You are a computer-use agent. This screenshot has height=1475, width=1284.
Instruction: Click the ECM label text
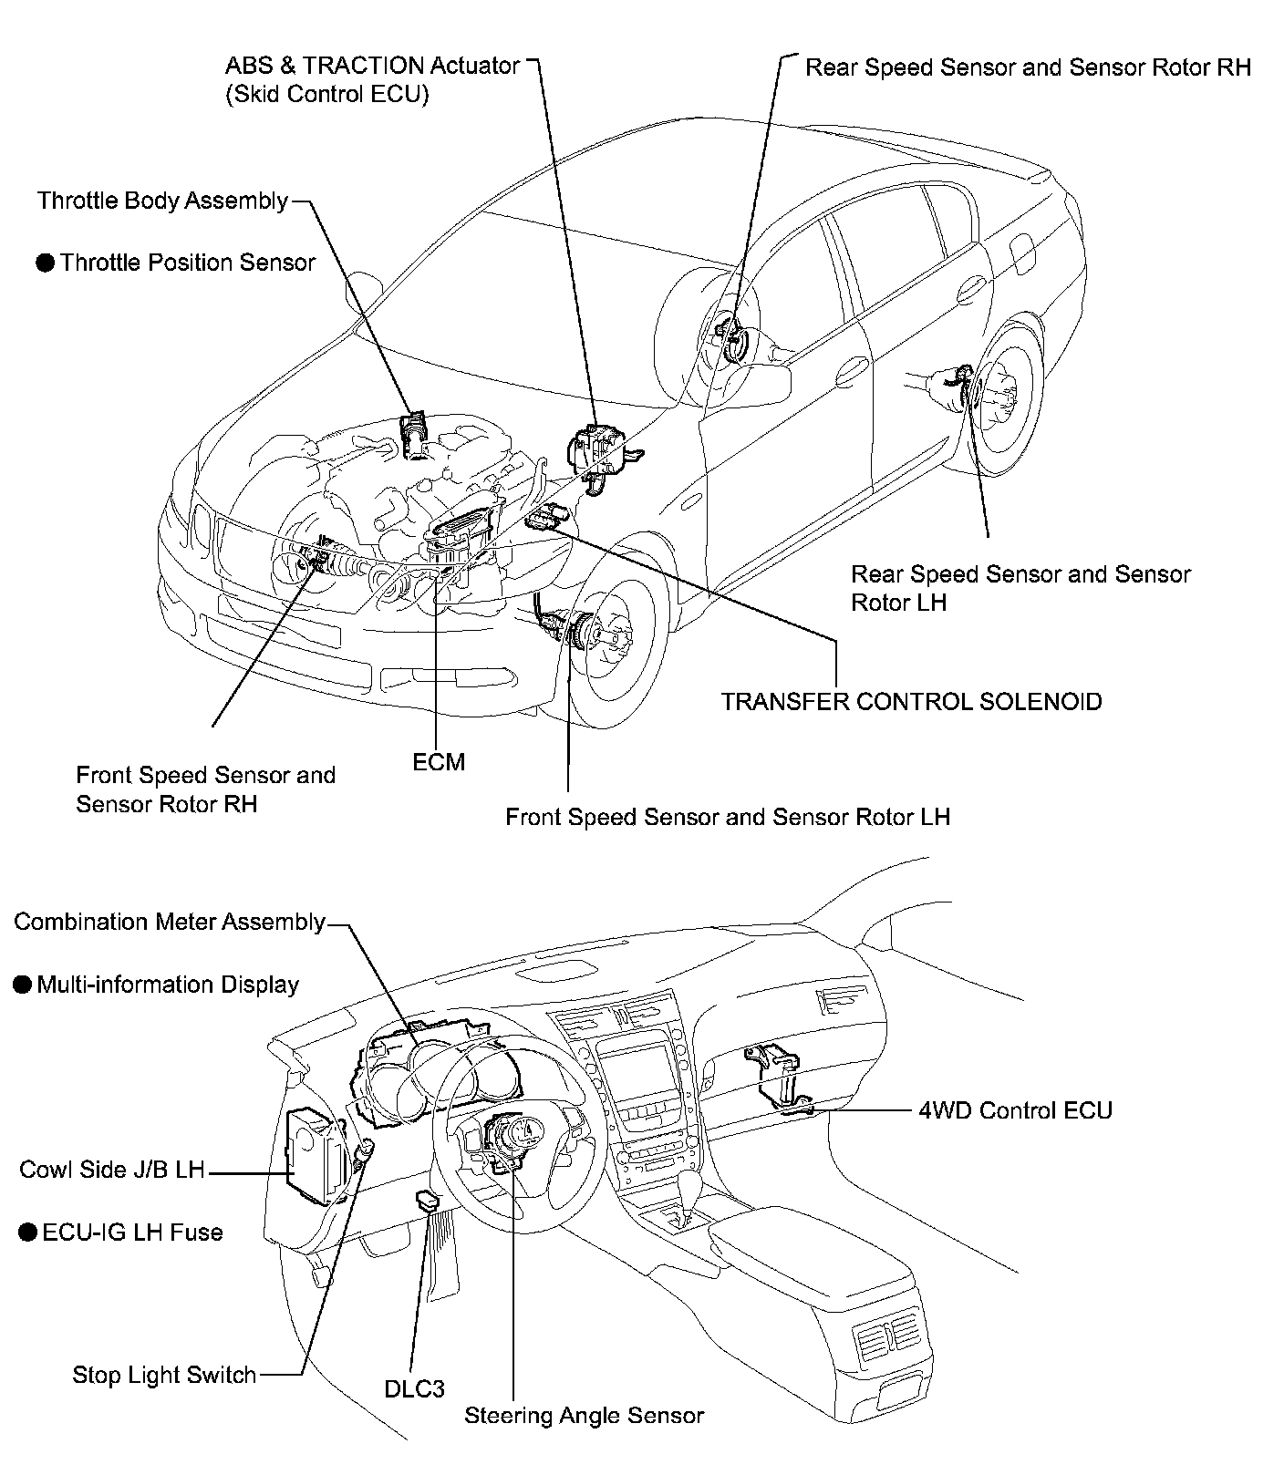pyautogui.click(x=439, y=762)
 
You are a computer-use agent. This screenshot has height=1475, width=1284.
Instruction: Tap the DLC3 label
pyautogui.click(x=414, y=1388)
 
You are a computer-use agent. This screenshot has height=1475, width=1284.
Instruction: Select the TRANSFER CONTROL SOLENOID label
pyautogui.click(x=911, y=702)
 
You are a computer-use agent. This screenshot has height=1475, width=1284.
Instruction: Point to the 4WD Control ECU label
pyautogui.click(x=1015, y=1110)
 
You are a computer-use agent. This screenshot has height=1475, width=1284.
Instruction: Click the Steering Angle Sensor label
pyautogui.click(x=584, y=1416)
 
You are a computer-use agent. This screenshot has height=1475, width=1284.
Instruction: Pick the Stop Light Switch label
pyautogui.click(x=164, y=1375)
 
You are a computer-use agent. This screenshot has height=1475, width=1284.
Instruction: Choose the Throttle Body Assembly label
pyautogui.click(x=162, y=201)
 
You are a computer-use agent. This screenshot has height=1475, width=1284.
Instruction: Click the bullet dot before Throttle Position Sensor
pyautogui.click(x=46, y=263)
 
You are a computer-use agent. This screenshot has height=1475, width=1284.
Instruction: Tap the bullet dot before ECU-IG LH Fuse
pyautogui.click(x=27, y=1233)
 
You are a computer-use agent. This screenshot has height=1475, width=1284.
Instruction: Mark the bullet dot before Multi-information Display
pyautogui.click(x=23, y=985)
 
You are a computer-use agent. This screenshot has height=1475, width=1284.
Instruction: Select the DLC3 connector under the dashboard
pyautogui.click(x=427, y=1200)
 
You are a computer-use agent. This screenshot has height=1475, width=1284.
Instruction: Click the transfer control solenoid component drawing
pyautogui.click(x=548, y=517)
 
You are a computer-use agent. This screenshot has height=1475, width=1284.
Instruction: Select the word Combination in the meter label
pyautogui.click(x=74, y=922)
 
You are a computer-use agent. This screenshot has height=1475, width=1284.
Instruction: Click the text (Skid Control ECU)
pyautogui.click(x=326, y=94)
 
